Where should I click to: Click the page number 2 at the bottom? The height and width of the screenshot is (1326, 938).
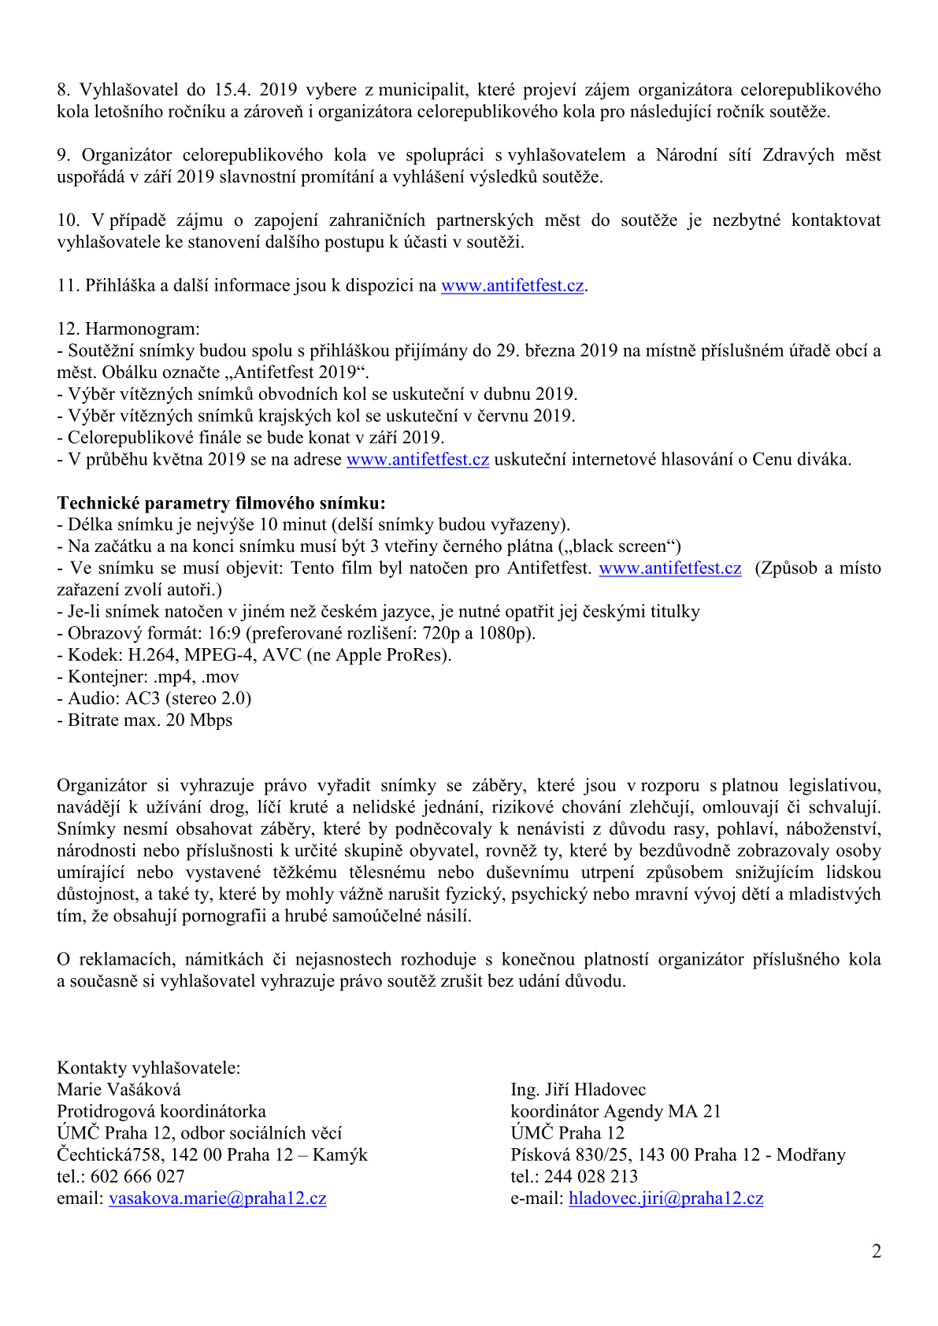coord(876,1252)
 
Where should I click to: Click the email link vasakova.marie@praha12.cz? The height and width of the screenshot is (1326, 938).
coord(217,1198)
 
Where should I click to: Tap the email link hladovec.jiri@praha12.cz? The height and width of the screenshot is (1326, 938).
coord(665,1198)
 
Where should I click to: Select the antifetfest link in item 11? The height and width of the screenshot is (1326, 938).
coord(512,286)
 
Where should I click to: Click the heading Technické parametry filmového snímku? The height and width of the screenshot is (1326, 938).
coord(221,503)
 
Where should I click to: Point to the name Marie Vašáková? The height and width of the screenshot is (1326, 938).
coord(119,1090)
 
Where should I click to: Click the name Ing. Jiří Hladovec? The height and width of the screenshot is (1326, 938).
coord(578,1090)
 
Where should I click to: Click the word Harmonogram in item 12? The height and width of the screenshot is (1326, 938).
coord(143,329)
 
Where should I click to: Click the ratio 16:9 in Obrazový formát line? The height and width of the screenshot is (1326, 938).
coord(224,634)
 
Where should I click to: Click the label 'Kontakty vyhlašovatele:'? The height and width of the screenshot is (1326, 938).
coord(149,1069)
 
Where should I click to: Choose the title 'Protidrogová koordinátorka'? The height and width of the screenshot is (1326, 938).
coord(161,1112)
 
